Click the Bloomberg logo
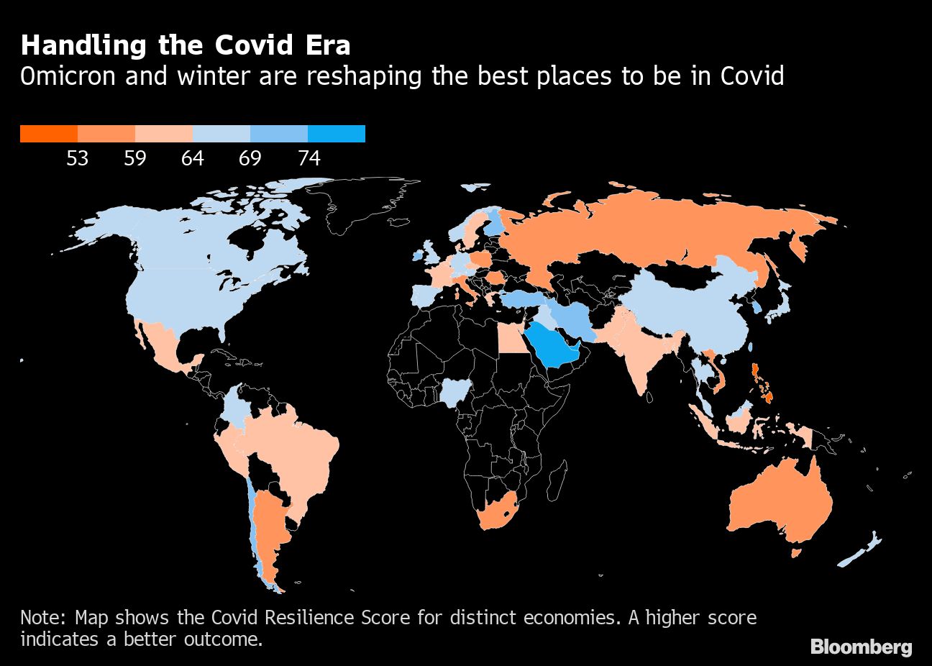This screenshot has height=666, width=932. (x=861, y=647)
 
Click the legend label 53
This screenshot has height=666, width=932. (x=77, y=158)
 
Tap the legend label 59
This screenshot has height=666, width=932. (x=134, y=158)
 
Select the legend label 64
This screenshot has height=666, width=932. (x=192, y=158)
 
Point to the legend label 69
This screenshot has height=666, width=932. (x=250, y=158)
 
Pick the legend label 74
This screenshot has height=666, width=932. (x=309, y=158)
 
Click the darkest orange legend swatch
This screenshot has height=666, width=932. (x=48, y=134)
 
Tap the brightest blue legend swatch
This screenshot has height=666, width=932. (x=336, y=134)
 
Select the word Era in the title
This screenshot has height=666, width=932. (x=327, y=46)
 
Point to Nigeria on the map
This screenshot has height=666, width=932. (x=454, y=392)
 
